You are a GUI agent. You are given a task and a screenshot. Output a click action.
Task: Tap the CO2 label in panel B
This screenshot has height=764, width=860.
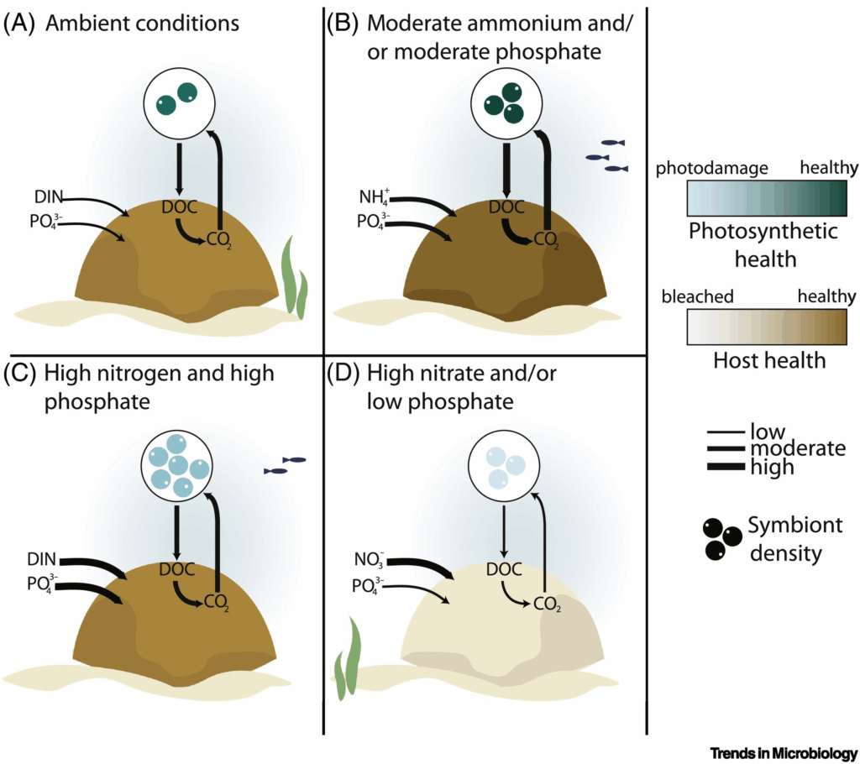click(x=546, y=241)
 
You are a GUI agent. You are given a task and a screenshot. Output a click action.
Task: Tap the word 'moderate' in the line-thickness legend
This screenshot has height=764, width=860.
click(x=798, y=449)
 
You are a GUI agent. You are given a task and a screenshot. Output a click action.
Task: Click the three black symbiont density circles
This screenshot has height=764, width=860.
click(x=721, y=539)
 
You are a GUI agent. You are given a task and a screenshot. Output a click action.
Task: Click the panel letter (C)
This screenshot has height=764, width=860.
click(x=18, y=373)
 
